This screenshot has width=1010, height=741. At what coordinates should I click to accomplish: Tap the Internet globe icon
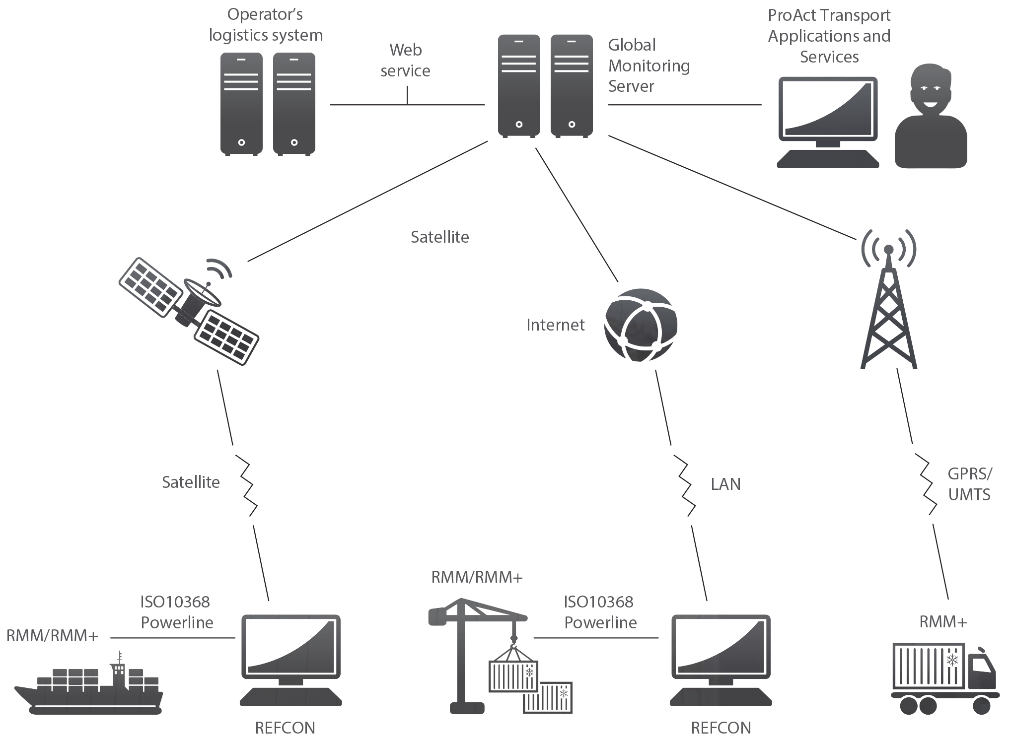pyautogui.click(x=641, y=325)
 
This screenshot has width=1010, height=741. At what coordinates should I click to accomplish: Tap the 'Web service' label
pyautogui.click(x=405, y=61)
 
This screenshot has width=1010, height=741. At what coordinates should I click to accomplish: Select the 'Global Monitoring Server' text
pyautogui.click(x=649, y=66)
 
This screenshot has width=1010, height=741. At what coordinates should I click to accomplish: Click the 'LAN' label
pyautogui.click(x=725, y=484)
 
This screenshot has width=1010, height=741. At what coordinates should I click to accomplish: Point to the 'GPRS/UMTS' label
pyautogui.click(x=969, y=484)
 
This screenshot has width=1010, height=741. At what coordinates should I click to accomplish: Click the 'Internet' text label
pyautogui.click(x=555, y=325)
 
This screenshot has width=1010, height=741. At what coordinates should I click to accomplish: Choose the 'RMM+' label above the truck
pyautogui.click(x=943, y=622)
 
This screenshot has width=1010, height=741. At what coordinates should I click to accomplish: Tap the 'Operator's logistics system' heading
pyautogui.click(x=266, y=25)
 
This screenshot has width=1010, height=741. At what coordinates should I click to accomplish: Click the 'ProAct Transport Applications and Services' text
pyautogui.click(x=829, y=36)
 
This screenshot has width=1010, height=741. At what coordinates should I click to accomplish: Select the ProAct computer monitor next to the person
pyautogui.click(x=828, y=122)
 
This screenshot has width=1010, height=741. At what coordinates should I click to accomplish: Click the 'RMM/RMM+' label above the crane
pyautogui.click(x=477, y=577)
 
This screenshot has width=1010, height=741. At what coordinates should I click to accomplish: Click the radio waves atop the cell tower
pyautogui.click(x=889, y=248)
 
